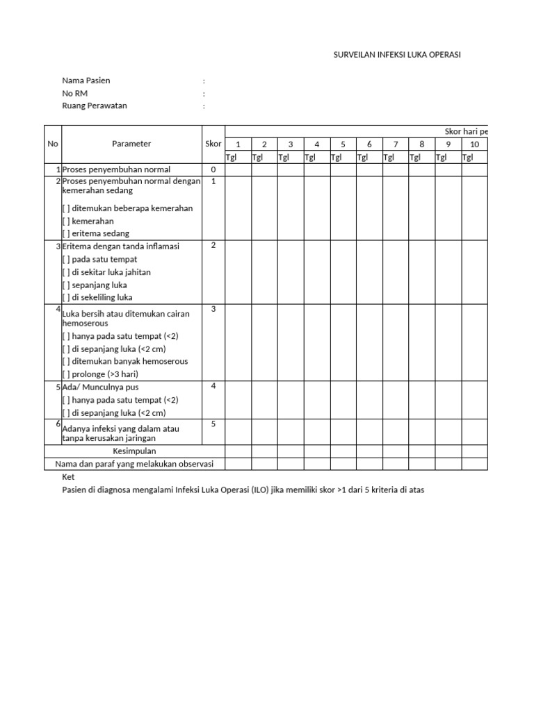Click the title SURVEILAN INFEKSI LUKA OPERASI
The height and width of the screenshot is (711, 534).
click(x=398, y=55)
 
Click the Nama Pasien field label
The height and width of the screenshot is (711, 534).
click(x=86, y=81)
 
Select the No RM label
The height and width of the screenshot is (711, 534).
click(x=75, y=94)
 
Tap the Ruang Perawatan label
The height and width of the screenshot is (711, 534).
click(x=95, y=106)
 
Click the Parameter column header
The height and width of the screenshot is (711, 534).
click(x=131, y=144)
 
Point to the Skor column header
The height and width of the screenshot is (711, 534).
click(x=213, y=144)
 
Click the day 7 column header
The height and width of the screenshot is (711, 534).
click(x=395, y=144)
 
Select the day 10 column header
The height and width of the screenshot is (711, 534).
click(x=474, y=144)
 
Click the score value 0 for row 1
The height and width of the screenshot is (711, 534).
click(x=213, y=169)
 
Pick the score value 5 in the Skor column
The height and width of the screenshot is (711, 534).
click(x=213, y=424)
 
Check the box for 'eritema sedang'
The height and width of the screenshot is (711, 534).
click(x=66, y=234)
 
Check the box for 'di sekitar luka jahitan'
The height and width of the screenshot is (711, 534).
click(x=66, y=272)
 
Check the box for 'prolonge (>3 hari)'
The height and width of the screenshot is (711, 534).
click(x=66, y=374)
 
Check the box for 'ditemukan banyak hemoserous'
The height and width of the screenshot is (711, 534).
click(x=66, y=361)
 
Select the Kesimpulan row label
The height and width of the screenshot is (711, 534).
click(x=134, y=451)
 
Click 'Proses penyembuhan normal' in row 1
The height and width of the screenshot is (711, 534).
click(x=116, y=169)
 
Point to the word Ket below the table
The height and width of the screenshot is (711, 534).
click(x=68, y=478)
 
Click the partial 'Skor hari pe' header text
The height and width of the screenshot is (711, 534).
click(x=466, y=131)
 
